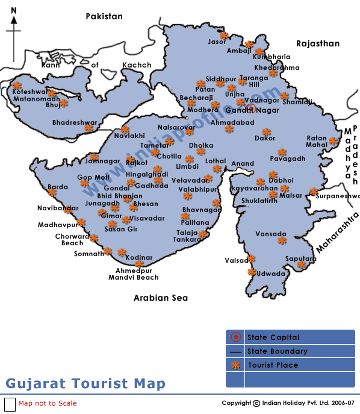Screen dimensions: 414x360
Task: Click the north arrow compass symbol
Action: (x=14, y=27)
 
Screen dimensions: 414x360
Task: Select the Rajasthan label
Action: (x=317, y=43)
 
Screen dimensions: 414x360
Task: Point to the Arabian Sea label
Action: (x=160, y=298)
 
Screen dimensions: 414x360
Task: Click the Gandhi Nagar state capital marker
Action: (x=252, y=108)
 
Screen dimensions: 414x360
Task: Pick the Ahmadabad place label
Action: (x=232, y=122)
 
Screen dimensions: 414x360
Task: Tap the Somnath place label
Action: (x=88, y=254)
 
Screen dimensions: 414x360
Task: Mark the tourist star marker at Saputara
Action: (x=303, y=264)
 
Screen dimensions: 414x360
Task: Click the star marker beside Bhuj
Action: (x=64, y=104)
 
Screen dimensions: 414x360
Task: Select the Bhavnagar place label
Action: (x=201, y=210)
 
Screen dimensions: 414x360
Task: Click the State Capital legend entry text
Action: (x=273, y=337)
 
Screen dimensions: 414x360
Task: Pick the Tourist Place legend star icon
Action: (x=235, y=365)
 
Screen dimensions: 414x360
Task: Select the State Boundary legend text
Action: (x=277, y=351)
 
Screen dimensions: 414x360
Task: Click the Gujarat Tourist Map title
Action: (x=85, y=383)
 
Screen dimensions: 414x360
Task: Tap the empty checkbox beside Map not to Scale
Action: (x=10, y=404)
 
